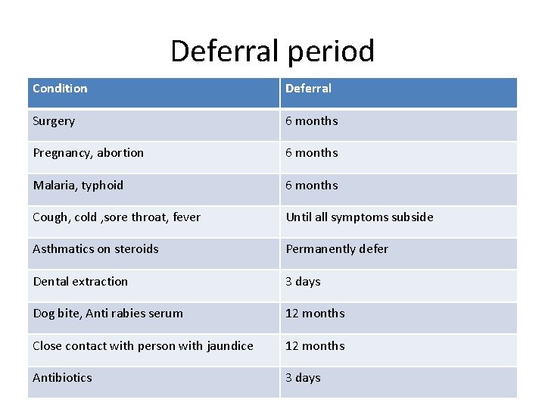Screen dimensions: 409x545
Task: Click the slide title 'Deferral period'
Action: [x=272, y=51]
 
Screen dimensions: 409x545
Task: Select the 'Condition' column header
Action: [x=60, y=89]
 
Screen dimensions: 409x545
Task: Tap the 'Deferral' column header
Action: [x=308, y=89]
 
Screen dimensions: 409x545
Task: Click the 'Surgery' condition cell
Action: [x=54, y=121]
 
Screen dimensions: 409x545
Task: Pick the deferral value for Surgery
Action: [x=311, y=121]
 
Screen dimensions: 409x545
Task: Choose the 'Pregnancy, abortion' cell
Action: [x=88, y=153]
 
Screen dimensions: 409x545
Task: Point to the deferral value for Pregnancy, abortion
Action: [x=311, y=153]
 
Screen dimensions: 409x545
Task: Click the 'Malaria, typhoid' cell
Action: [x=78, y=186]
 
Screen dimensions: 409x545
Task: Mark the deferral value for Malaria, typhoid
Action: [x=311, y=186]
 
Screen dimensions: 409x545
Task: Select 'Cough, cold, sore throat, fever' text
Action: [x=117, y=217]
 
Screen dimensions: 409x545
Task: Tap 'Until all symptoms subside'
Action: [x=359, y=217]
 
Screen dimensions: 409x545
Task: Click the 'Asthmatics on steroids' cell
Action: [x=95, y=249]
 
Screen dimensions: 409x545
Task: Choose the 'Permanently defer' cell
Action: [x=336, y=249]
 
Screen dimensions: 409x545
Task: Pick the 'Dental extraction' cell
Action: [x=80, y=282]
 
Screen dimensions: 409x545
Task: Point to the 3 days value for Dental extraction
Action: [x=303, y=282]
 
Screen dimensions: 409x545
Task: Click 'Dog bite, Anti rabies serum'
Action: [x=107, y=314]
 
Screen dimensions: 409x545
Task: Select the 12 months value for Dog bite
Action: [x=315, y=314]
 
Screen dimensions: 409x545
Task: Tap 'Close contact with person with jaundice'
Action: [x=143, y=346]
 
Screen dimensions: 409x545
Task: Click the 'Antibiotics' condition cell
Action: [x=62, y=378]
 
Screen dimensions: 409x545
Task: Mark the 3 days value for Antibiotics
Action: [x=303, y=378]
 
